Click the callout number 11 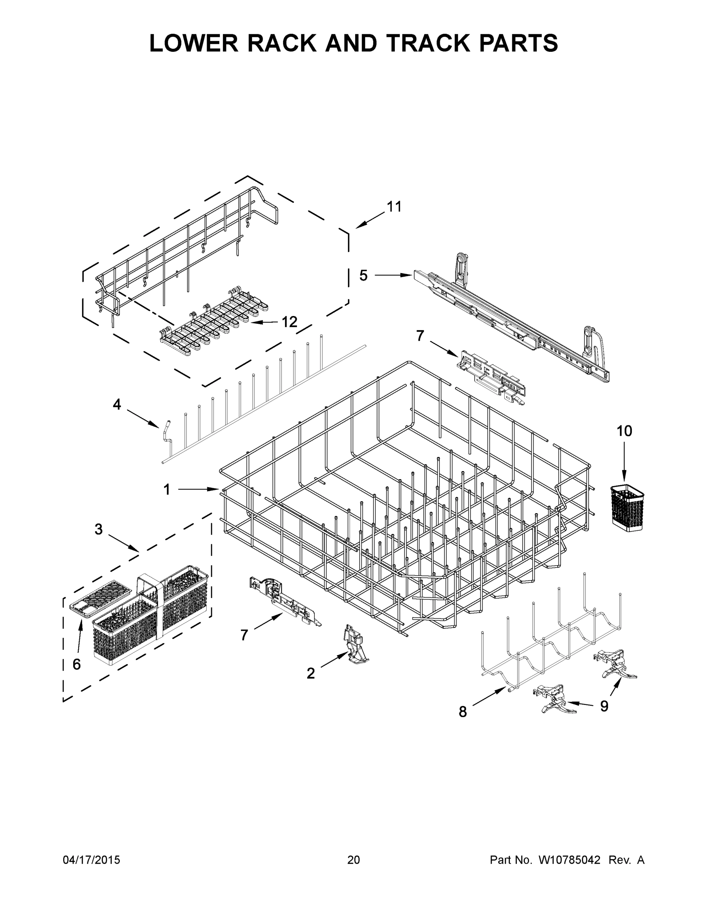coord(394,206)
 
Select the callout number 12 coord(289,322)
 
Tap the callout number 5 coord(363,275)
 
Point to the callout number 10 coord(624,431)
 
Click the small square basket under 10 coord(627,508)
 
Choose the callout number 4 coord(117,404)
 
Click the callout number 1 coord(167,489)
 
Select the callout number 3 coord(98,529)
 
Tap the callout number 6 coord(77,664)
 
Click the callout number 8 coord(462,711)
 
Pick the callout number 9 coord(604,706)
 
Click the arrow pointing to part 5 coord(394,275)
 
